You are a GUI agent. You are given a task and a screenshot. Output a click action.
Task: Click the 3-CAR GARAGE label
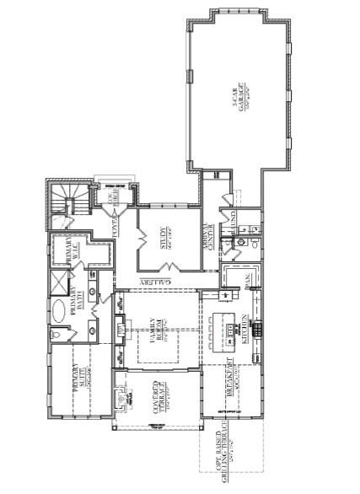point(241,99)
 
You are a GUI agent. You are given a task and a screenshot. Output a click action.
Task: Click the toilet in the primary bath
point(55,335)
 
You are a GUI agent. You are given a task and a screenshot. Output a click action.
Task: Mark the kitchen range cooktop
point(256,327)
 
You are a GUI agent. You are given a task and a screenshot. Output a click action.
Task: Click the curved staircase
point(63,202)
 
